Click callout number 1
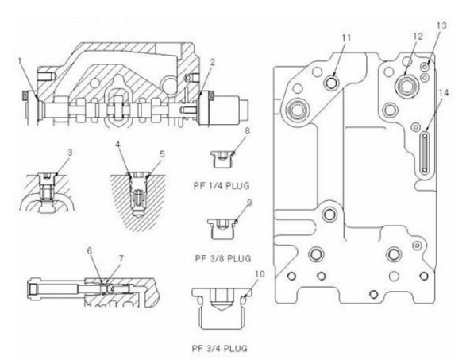20,61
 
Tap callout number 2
212,63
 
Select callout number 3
70,153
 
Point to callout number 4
118,145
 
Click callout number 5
162,154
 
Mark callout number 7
121,258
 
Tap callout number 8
247,130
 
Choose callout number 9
249,203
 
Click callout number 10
260,274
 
